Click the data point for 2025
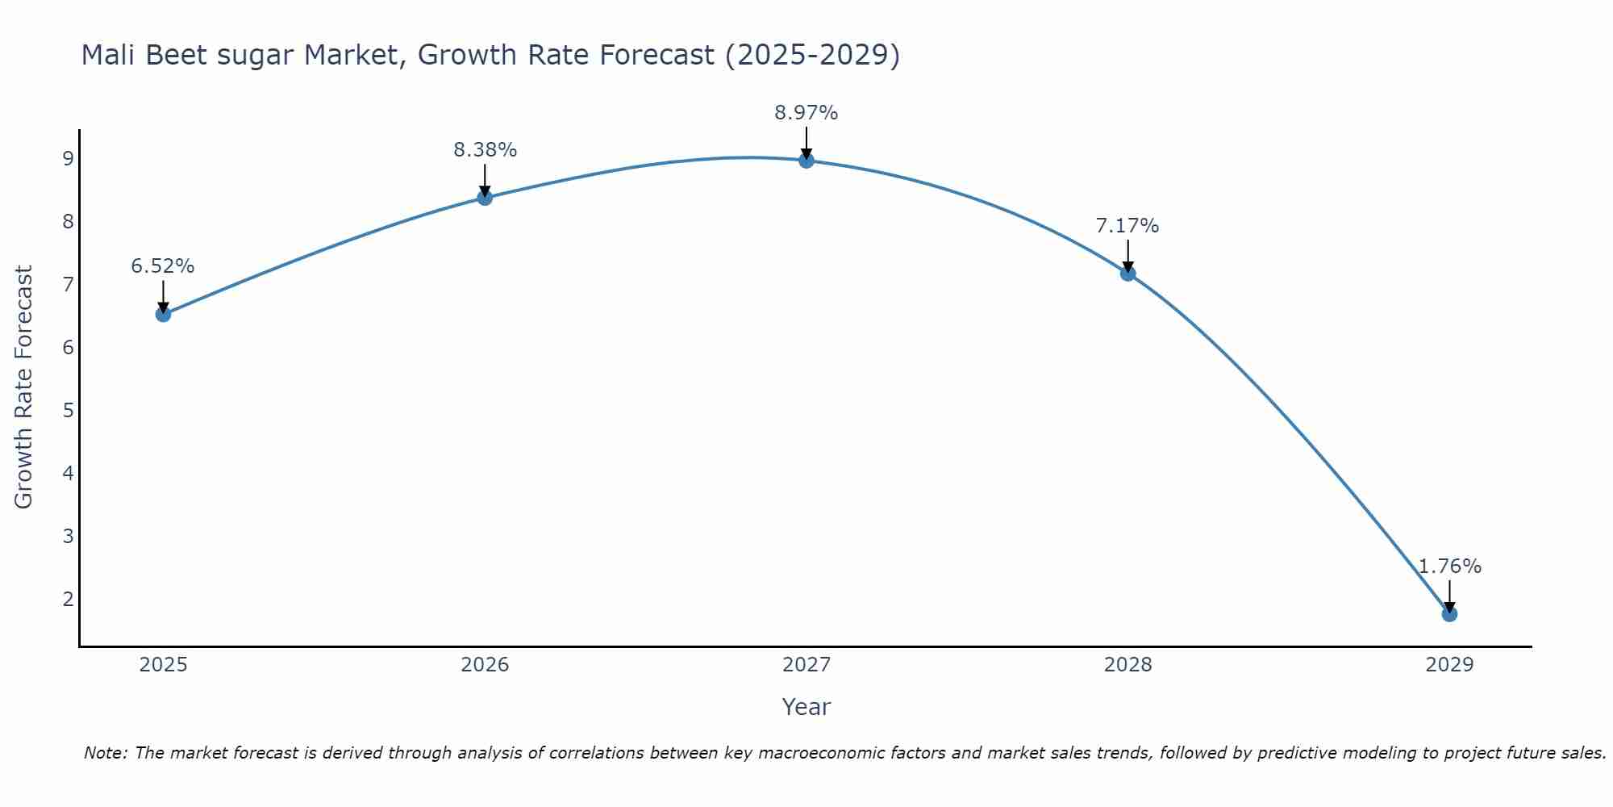(x=163, y=314)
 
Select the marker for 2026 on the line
(x=485, y=197)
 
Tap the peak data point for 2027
(x=806, y=160)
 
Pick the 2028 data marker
(x=1127, y=274)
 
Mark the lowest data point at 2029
(x=1449, y=614)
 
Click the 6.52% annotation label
(x=163, y=266)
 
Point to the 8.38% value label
(x=485, y=150)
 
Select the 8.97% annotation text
(x=806, y=113)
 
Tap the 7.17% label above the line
(x=1127, y=226)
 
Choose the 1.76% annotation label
(x=1449, y=567)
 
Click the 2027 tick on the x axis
(x=806, y=665)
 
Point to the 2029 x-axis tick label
(x=1449, y=665)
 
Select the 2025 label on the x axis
(x=163, y=665)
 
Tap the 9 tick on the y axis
(x=68, y=158)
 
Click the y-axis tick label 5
(x=68, y=410)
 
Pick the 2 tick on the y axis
(x=68, y=599)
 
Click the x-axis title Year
(x=806, y=707)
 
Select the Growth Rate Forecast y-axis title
(x=24, y=387)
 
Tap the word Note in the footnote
(x=105, y=753)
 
